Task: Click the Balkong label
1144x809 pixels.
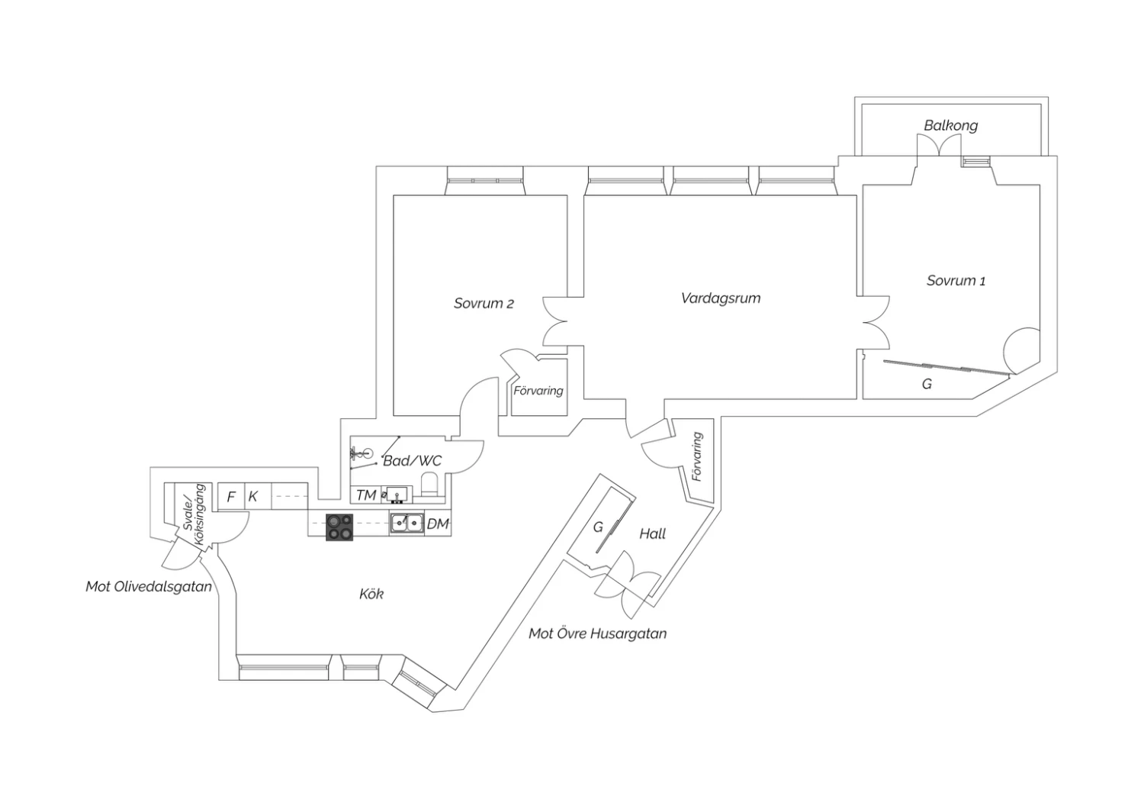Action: (950, 126)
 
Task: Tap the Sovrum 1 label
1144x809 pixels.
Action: (956, 281)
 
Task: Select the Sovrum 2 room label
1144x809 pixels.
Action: (484, 304)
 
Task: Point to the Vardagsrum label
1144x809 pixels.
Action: (721, 298)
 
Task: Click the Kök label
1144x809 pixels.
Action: (371, 594)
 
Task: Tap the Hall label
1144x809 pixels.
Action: (652, 534)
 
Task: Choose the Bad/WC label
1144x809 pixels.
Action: (412, 461)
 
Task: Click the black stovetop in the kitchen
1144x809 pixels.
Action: (339, 527)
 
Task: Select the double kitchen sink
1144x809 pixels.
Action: (407, 524)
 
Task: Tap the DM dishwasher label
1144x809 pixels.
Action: (438, 524)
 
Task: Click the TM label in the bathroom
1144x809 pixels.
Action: (366, 495)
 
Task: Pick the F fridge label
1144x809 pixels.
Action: (231, 497)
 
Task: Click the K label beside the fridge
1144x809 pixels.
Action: (252, 497)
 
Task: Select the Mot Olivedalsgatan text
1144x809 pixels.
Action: (149, 587)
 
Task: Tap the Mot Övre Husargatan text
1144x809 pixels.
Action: (597, 633)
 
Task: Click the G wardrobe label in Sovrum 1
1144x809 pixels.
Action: (927, 384)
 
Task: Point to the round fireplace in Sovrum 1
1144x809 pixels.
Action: (1022, 350)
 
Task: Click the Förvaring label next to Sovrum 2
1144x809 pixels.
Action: (538, 391)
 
